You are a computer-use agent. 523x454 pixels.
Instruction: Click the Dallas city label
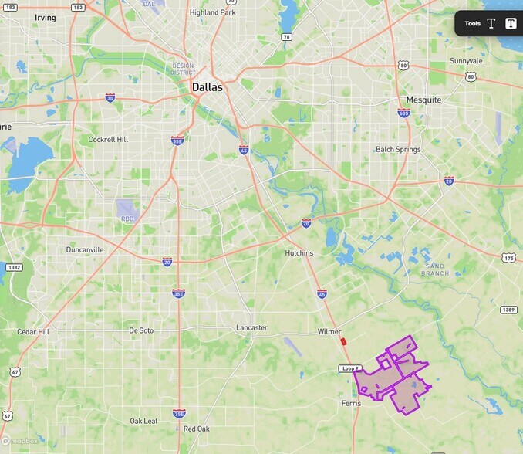[x=207, y=87]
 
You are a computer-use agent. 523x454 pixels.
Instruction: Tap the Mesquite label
[x=423, y=100]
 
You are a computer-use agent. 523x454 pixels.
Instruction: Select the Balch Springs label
[x=396, y=149]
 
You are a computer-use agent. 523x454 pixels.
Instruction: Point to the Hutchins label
[x=299, y=252]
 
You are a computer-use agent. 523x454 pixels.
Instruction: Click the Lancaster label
[x=251, y=327]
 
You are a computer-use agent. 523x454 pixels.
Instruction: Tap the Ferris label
[x=351, y=403]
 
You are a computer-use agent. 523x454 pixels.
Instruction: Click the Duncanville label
[x=85, y=249]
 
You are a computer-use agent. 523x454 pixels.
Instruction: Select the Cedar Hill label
[x=33, y=331]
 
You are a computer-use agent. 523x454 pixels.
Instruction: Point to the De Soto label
[x=141, y=330]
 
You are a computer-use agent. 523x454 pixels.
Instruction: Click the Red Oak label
[x=196, y=428]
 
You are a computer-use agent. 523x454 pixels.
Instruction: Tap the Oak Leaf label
[x=143, y=421]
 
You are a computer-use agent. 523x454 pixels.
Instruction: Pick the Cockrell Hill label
[x=108, y=139]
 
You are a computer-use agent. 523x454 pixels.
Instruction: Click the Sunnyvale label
[x=466, y=60]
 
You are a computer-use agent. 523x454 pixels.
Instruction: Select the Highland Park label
[x=212, y=12]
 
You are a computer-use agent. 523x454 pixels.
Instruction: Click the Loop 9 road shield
[x=349, y=368]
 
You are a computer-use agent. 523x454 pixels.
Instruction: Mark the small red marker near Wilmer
[x=342, y=340]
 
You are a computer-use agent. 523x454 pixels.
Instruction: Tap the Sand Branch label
[x=436, y=269]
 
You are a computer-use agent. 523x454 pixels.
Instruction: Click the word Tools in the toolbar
[x=472, y=23]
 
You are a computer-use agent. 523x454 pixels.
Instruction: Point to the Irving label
[x=46, y=17]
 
